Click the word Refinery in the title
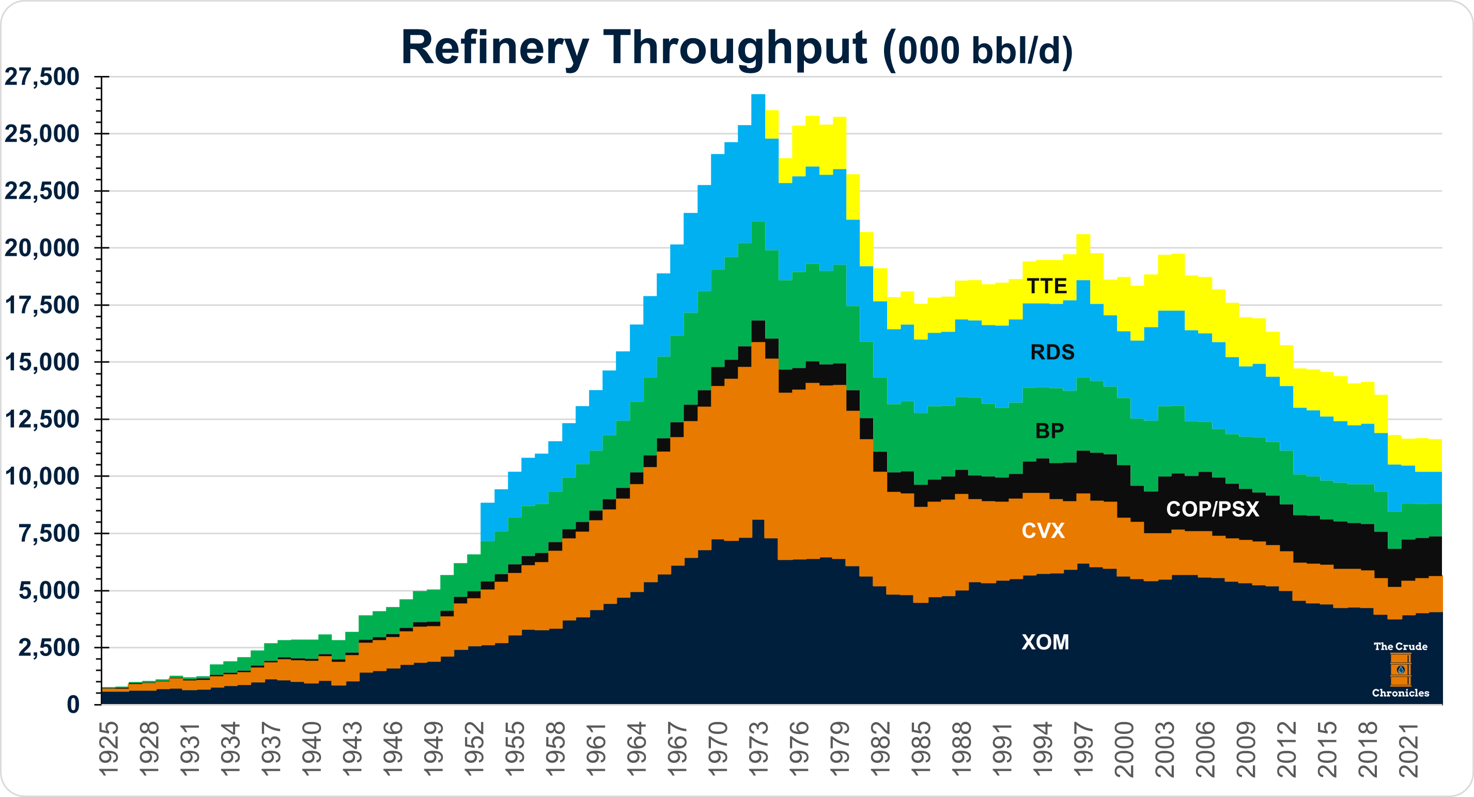494,48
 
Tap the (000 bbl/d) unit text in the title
978,50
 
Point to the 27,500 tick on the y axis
42,76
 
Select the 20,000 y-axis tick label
42,248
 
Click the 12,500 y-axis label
42,419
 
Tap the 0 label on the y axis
73,705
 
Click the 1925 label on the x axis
108,749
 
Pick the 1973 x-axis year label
758,749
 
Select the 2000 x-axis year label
1124,749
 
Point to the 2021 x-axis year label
1408,749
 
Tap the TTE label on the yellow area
1047,286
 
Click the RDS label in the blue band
1052,352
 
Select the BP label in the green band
1049,431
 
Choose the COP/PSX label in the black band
1213,509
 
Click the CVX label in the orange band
1043,531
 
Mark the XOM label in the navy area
1045,643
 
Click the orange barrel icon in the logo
1400,669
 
